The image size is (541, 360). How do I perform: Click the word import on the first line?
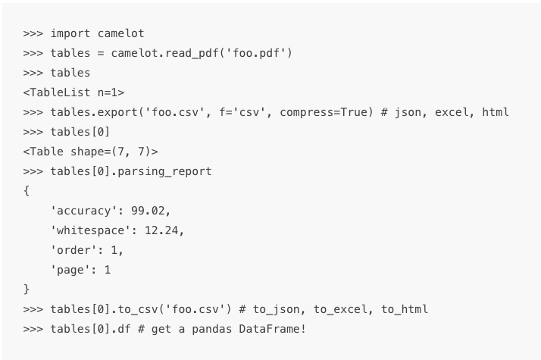point(70,33)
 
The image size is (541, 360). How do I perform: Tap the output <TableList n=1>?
point(73,92)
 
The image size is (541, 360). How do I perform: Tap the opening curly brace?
point(27,191)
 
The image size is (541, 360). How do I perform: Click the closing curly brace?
point(27,290)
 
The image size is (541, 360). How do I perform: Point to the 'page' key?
point(73,270)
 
